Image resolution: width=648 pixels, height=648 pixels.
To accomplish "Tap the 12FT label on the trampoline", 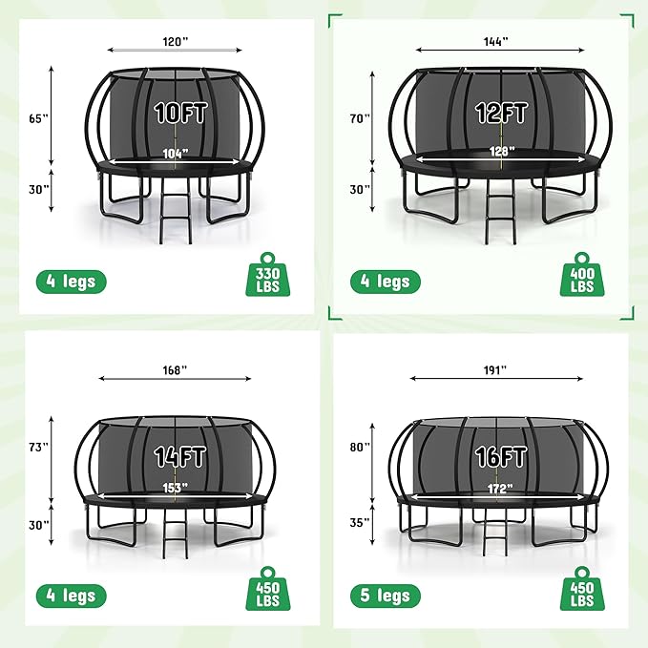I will coord(502,114).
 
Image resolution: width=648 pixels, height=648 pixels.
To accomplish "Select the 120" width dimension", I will coord(173,41).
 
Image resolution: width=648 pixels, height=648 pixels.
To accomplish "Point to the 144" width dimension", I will coord(496,41).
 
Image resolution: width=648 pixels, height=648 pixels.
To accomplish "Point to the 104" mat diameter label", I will coord(175,153).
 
